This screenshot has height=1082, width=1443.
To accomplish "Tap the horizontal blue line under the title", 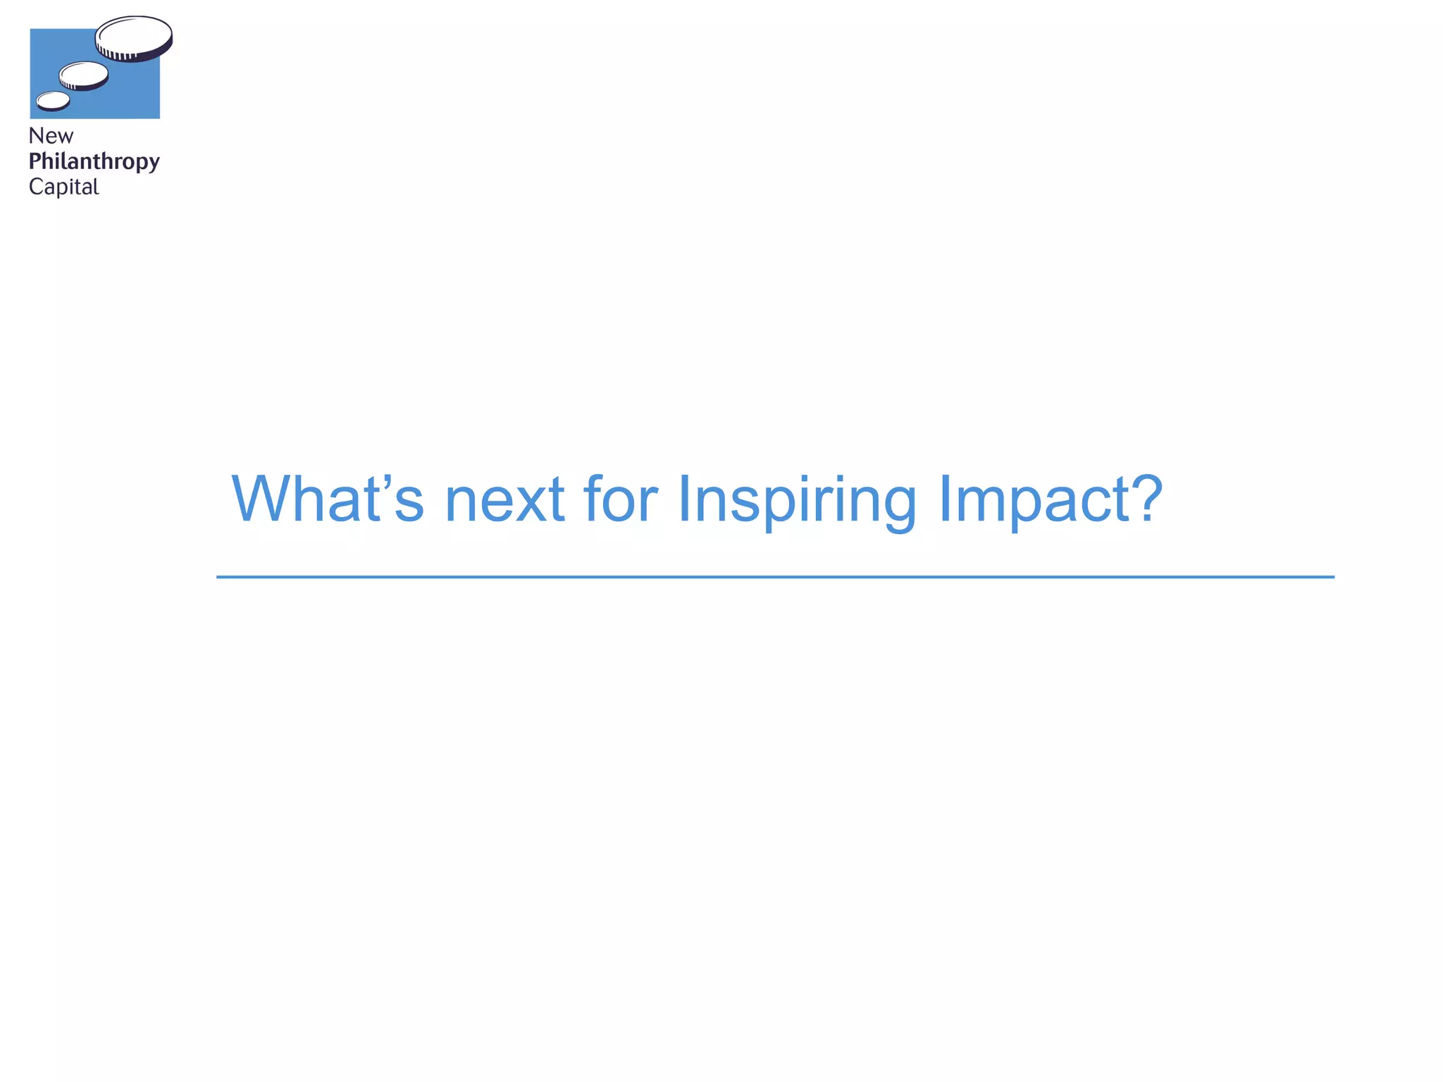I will coord(775,577).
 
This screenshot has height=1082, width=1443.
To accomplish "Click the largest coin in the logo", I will coord(134,35).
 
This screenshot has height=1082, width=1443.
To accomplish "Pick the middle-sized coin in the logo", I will coord(84,75).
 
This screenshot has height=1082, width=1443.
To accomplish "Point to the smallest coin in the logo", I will coord(53,101).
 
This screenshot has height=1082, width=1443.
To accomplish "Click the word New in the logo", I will coord(51,136).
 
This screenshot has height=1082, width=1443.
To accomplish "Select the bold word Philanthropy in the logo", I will coord(94,162).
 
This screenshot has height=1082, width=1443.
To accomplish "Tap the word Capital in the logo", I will coord(63,187).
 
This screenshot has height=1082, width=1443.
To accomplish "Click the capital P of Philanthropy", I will coord(35,161).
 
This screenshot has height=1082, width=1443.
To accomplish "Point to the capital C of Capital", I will coord(35,187).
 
